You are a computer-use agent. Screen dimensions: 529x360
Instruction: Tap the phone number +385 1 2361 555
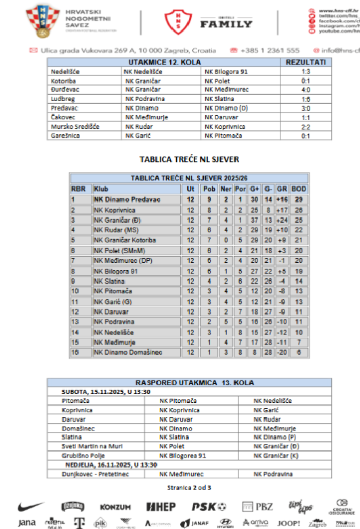click(265, 50)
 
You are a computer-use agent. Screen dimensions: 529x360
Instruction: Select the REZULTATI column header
click(306, 63)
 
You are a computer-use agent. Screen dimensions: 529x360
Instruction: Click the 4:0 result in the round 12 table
click(306, 90)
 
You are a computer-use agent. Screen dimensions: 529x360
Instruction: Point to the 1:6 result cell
click(306, 99)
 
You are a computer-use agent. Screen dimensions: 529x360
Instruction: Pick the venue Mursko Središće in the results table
click(75, 127)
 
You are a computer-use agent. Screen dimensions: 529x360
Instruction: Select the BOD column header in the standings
click(299, 189)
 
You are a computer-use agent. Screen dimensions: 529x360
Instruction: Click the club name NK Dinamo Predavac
click(127, 199)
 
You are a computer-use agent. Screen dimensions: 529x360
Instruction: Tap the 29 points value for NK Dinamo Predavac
click(299, 199)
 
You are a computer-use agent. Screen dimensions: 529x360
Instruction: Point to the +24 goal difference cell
click(282, 220)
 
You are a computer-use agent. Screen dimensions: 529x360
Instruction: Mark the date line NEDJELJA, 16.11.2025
click(111, 465)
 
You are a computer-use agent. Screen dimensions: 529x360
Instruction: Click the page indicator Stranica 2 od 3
click(189, 487)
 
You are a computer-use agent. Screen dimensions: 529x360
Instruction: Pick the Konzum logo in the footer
click(115, 507)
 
